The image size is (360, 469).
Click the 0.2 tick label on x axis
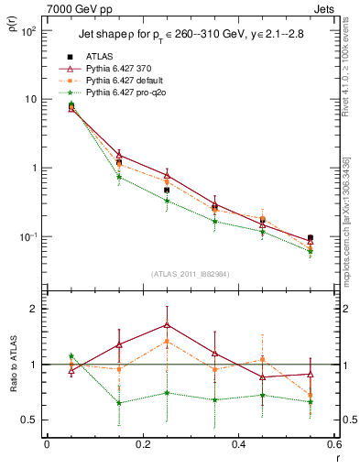142,445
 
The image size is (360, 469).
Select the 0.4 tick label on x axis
237,445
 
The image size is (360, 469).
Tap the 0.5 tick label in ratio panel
28,420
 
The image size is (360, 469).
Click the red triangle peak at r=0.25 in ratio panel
167,324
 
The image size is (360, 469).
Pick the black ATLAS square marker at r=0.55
310,238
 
